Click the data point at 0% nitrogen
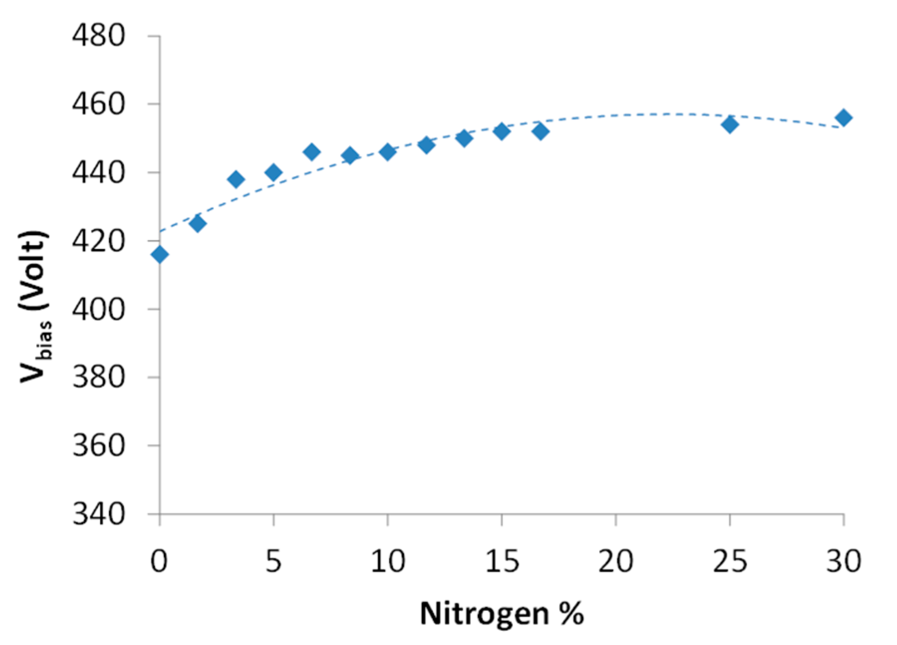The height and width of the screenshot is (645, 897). pyautogui.click(x=159, y=255)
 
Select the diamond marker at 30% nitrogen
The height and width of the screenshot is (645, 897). pyautogui.click(x=843, y=118)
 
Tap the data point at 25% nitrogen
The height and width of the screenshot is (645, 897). pyautogui.click(x=729, y=125)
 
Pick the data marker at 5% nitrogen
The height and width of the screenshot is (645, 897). pyautogui.click(x=273, y=172)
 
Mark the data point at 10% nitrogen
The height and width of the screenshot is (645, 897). pyautogui.click(x=387, y=152)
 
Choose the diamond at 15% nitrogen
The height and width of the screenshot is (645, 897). pyautogui.click(x=502, y=131)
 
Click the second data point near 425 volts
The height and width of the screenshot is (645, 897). pyautogui.click(x=198, y=224)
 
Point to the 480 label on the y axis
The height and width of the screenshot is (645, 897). pyautogui.click(x=98, y=36)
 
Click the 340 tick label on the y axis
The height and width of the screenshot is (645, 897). pyautogui.click(x=98, y=514)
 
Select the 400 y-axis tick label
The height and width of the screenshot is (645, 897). pyautogui.click(x=98, y=309)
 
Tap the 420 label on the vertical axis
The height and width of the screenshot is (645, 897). pyautogui.click(x=98, y=241)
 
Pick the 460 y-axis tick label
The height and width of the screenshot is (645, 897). pyautogui.click(x=98, y=104)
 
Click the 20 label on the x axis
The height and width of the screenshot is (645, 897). pyautogui.click(x=616, y=561)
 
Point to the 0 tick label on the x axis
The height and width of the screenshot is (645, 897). pyautogui.click(x=159, y=561)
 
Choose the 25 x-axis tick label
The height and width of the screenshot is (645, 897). pyautogui.click(x=730, y=561)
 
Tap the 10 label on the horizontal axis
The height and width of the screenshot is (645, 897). pyautogui.click(x=387, y=561)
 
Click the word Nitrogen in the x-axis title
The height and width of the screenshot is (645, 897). pyautogui.click(x=484, y=614)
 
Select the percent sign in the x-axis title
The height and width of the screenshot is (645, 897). pyautogui.click(x=571, y=614)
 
